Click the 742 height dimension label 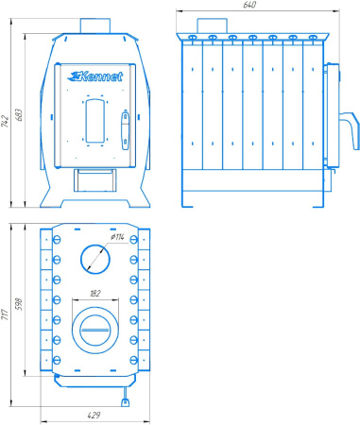5,121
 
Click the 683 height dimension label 19,115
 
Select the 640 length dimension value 249,5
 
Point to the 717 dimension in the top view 5,314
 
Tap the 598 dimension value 19,304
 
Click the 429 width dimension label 94,415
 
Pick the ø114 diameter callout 117,237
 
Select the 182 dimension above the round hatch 95,294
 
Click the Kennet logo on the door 95,76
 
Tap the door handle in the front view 126,130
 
